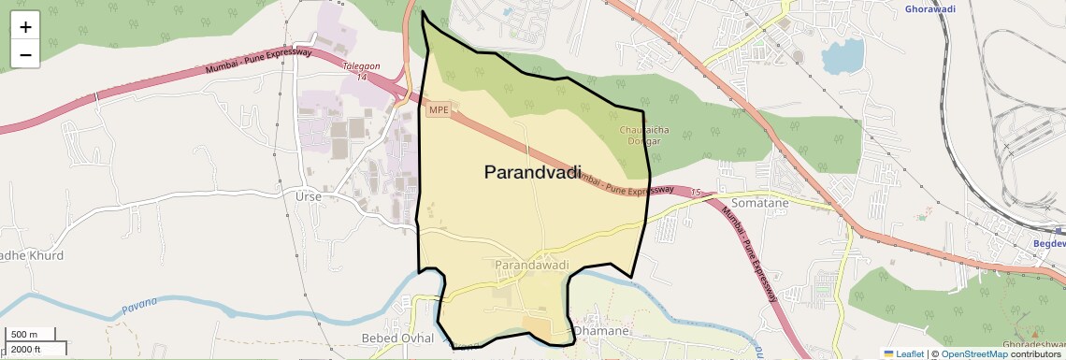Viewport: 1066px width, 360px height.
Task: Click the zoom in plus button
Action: tap(25, 27)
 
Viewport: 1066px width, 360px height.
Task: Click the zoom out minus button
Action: tap(25, 55)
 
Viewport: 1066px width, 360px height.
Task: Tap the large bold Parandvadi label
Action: tap(532, 172)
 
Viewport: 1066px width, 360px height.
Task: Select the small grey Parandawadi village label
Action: tap(531, 266)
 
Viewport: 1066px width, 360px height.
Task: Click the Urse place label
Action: tap(308, 197)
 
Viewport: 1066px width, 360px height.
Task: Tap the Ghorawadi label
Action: tap(930, 9)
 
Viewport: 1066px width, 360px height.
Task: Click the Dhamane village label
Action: tap(604, 331)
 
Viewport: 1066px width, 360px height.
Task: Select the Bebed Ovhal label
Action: tap(397, 338)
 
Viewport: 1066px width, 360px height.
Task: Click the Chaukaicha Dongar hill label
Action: tap(641, 136)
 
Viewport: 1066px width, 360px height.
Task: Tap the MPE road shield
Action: tap(439, 110)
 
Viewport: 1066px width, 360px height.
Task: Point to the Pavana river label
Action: tap(140, 304)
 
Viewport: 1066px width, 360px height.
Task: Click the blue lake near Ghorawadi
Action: tap(843, 57)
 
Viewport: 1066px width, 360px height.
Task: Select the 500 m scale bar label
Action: tap(24, 335)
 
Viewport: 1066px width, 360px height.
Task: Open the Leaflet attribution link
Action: tap(903, 353)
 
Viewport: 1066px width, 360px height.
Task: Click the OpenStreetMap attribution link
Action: tap(973, 353)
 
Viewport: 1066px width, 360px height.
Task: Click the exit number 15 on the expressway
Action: tap(695, 193)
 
